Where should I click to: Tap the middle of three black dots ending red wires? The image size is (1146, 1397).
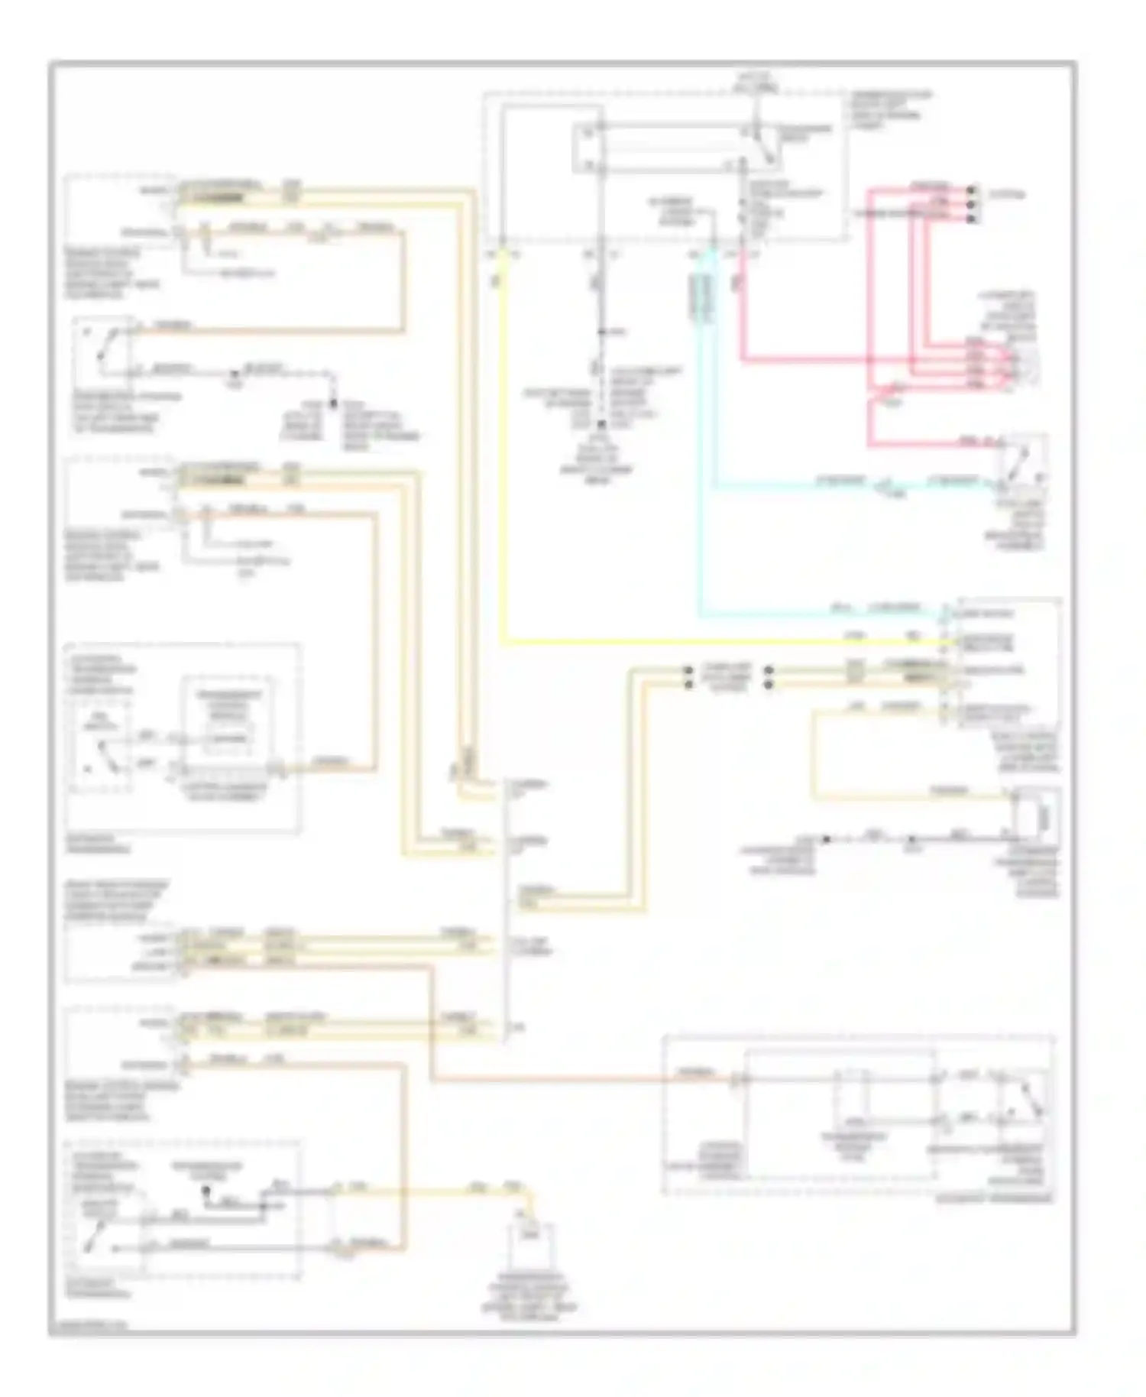tap(972, 204)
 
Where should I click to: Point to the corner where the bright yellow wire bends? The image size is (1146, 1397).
tap(504, 642)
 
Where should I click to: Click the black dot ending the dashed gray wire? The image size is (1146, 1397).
tap(333, 403)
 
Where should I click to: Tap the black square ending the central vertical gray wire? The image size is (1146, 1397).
tap(601, 423)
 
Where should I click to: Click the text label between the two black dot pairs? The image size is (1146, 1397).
tap(727, 677)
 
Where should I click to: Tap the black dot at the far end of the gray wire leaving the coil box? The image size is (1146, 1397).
tap(827, 839)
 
